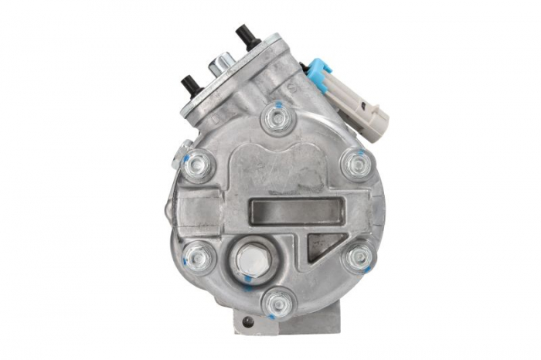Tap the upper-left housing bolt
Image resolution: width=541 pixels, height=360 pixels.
pyautogui.click(x=197, y=165)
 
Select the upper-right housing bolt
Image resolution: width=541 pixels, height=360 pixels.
pyautogui.click(x=356, y=164)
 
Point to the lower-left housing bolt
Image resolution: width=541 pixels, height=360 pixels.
pyautogui.click(x=198, y=256)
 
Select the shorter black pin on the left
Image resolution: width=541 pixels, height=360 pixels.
pyautogui.click(x=192, y=85)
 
